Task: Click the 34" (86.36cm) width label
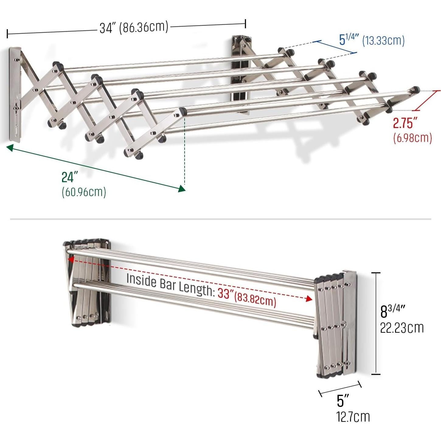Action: (134, 27)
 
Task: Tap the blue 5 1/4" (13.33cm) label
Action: (372, 40)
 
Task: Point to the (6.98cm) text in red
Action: (412, 138)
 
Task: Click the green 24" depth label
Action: (70, 177)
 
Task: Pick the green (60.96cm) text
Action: (84, 192)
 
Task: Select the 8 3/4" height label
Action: (393, 311)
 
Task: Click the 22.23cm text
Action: (402, 328)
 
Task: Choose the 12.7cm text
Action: (353, 417)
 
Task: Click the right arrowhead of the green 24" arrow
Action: (182, 189)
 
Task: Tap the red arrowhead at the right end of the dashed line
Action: (309, 299)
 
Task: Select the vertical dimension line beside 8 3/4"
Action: (376, 323)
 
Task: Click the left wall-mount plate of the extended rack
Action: (14, 94)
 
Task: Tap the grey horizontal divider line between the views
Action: (220, 219)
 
